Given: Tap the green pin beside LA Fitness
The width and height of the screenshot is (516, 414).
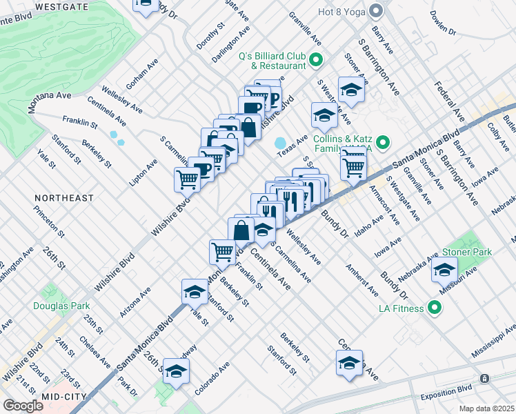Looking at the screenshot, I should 435,308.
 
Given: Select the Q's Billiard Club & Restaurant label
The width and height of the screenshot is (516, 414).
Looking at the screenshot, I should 272,61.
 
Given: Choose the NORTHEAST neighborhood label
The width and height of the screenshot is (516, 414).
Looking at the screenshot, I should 64,198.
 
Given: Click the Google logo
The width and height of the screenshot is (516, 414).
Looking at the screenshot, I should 22,406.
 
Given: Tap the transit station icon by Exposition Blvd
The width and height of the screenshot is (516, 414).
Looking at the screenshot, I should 485,379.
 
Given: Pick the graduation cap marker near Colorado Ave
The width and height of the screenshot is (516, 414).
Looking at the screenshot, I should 177,373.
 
